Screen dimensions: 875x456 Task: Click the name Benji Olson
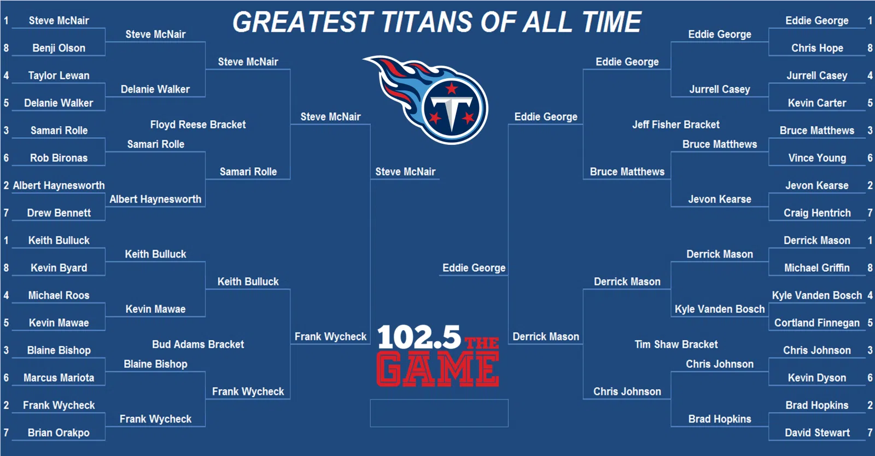(x=59, y=48)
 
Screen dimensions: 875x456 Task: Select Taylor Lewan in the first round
(x=59, y=75)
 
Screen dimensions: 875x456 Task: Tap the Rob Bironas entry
(x=59, y=157)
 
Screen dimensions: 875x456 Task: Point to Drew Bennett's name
(x=59, y=213)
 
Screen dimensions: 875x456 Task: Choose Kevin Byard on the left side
(x=59, y=268)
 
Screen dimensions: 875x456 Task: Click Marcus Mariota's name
(x=59, y=377)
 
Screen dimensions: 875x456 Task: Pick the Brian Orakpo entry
(x=59, y=432)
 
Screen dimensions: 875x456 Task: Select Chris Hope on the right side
(x=817, y=48)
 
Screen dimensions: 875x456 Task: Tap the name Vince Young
(x=817, y=157)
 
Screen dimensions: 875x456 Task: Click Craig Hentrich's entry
(x=817, y=213)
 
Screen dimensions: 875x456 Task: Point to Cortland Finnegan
(x=817, y=323)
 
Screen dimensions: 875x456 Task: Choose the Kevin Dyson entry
(x=817, y=377)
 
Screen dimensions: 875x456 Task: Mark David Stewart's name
(x=817, y=432)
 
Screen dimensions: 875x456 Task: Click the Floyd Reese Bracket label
(x=198, y=125)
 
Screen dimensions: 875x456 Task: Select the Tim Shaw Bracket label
(x=676, y=344)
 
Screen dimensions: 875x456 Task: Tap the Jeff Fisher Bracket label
(x=676, y=125)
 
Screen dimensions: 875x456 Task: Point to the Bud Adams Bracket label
(x=198, y=344)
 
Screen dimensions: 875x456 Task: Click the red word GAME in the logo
(x=437, y=369)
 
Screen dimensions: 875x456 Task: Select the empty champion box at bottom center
(x=439, y=413)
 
